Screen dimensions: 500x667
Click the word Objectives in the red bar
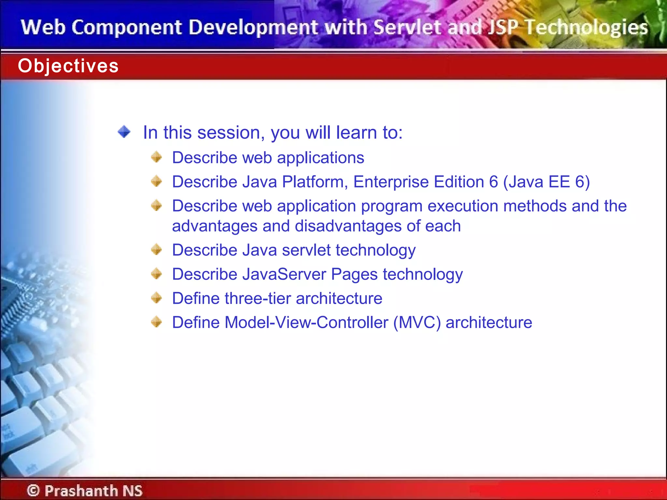click(68, 66)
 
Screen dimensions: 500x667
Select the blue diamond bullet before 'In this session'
click(124, 132)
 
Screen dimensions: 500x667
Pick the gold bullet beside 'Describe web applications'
click(157, 157)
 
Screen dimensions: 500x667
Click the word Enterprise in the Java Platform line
click(391, 182)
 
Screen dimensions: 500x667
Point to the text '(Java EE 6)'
click(546, 182)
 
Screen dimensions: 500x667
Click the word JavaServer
click(284, 274)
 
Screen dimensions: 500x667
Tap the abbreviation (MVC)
click(417, 323)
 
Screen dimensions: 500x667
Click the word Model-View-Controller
click(306, 323)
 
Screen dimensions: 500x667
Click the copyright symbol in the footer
click(33, 491)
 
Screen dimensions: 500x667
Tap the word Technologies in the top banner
click(587, 27)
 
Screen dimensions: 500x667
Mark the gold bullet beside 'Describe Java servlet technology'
click(157, 250)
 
